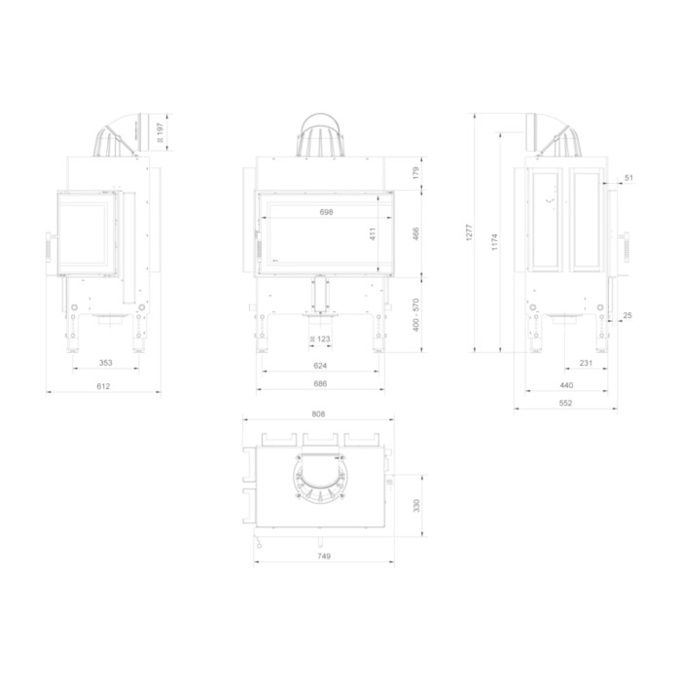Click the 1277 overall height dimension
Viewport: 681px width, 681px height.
point(469,233)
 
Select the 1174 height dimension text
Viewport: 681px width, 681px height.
point(494,242)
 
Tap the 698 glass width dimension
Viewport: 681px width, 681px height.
point(326,212)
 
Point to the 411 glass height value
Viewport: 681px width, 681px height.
point(373,233)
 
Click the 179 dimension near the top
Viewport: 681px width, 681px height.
point(416,173)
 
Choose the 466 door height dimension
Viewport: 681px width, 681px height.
point(416,233)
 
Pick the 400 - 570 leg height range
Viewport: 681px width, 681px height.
point(416,315)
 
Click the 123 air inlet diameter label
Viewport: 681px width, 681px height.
point(320,339)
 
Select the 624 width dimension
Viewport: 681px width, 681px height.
point(320,366)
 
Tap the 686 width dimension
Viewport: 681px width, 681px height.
point(320,383)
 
